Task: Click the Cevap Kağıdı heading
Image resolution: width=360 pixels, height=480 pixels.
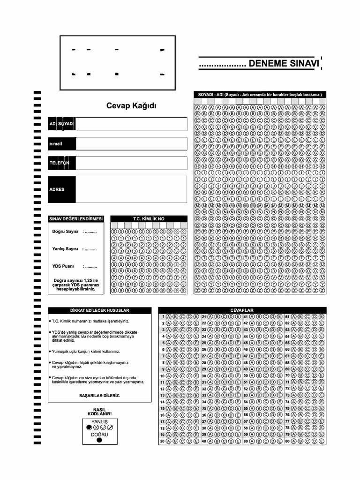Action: point(132,106)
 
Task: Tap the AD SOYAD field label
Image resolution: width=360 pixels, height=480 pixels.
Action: point(61,124)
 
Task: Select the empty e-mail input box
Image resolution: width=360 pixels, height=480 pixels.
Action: point(131,143)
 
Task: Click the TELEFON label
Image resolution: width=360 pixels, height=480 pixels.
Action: point(60,163)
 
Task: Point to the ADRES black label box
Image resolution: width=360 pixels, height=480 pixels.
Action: point(61,189)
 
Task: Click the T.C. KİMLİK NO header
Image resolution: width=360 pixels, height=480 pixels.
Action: point(149,218)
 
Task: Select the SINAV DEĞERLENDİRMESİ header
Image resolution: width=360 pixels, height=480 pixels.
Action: point(76,218)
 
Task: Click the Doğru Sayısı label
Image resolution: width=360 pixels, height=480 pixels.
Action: point(65,232)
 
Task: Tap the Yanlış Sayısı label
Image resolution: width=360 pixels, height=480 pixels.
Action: point(65,249)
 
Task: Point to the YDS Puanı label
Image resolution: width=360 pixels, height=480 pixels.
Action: point(63,266)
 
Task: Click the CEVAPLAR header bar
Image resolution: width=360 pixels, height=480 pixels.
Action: point(242,310)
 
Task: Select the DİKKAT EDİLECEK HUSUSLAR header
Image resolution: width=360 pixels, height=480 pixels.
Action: point(99,310)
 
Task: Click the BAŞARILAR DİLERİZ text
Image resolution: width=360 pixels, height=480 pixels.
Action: point(99,396)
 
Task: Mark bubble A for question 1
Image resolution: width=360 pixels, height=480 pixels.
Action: point(169,317)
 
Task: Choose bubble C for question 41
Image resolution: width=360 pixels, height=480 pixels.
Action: point(265,317)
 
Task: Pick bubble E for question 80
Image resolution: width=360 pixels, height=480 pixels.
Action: point(322,441)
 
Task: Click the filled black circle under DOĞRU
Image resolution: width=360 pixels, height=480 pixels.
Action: point(99,440)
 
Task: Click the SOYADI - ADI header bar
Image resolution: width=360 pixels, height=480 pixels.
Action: point(260,95)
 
